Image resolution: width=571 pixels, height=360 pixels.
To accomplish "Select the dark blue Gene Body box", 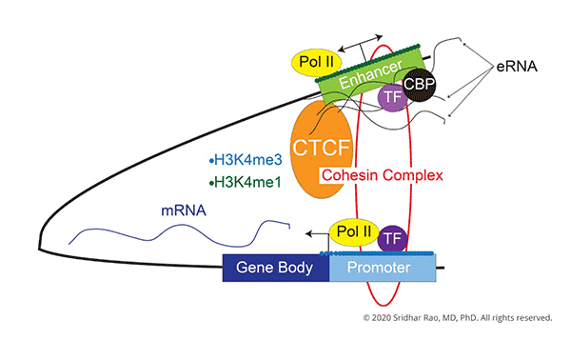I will pyautogui.click(x=275, y=269).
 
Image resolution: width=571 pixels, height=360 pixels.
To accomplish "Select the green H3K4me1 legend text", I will pyautogui.click(x=243, y=182).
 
